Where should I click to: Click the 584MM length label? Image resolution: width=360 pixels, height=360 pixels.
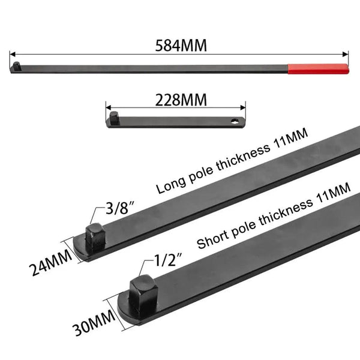(x=181, y=46)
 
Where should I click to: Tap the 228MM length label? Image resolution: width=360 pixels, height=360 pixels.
(x=181, y=100)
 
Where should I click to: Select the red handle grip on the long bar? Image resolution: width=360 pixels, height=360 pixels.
(x=318, y=69)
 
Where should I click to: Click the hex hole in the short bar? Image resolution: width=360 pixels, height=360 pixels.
(x=235, y=121)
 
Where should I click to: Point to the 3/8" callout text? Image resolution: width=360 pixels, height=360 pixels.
(x=119, y=208)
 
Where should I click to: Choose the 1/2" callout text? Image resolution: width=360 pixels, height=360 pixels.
(x=168, y=260)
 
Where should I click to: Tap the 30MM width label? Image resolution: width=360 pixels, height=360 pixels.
(x=94, y=322)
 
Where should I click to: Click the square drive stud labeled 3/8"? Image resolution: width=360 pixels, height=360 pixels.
(x=96, y=239)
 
